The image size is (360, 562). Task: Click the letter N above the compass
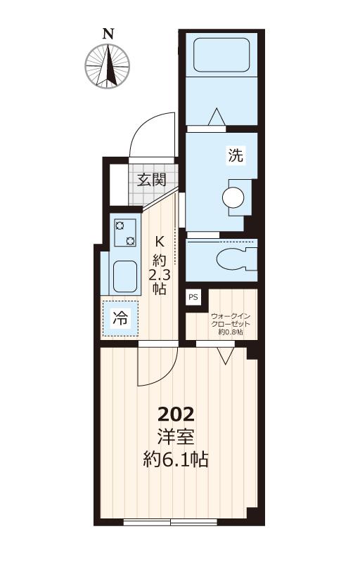point(108,34)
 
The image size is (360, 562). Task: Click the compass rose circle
point(107,66)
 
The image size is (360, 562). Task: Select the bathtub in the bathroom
point(221,55)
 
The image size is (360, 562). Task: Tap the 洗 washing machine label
point(236,155)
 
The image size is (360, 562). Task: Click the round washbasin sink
point(233,197)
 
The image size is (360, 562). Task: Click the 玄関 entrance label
point(152,180)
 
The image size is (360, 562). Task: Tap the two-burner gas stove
point(124,233)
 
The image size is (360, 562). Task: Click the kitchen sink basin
point(124,276)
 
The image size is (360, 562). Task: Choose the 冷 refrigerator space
point(120,318)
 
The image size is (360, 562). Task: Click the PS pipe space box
point(193,297)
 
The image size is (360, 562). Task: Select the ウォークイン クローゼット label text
point(230,320)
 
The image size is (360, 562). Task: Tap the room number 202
point(176,414)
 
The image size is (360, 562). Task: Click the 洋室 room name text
point(176,436)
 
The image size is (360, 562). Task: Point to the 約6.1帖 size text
point(176,459)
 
